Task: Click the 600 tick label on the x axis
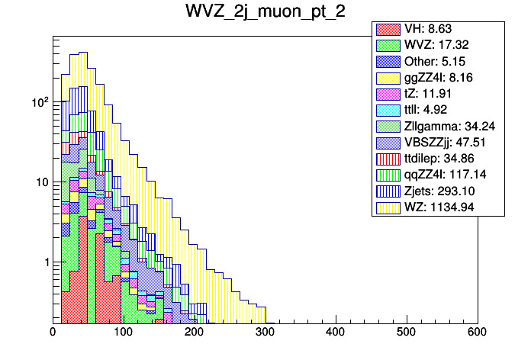pyautogui.click(x=478, y=333)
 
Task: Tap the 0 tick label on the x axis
pyautogui.click(x=53, y=333)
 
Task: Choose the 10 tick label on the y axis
pyautogui.click(x=40, y=182)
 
